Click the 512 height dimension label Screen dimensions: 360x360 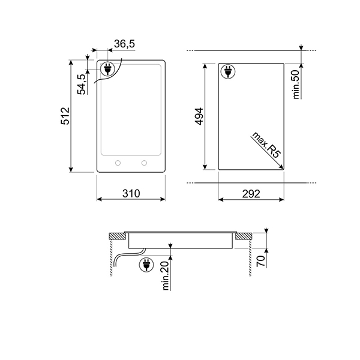point(66,116)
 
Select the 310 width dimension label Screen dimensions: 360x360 point(131,193)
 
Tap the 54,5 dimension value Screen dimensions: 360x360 point(82,82)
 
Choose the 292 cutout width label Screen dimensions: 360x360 point(251,193)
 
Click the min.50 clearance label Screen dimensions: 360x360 point(296,84)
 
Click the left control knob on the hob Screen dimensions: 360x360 point(118,163)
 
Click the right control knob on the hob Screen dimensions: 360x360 point(144,163)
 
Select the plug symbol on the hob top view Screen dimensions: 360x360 point(107,70)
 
